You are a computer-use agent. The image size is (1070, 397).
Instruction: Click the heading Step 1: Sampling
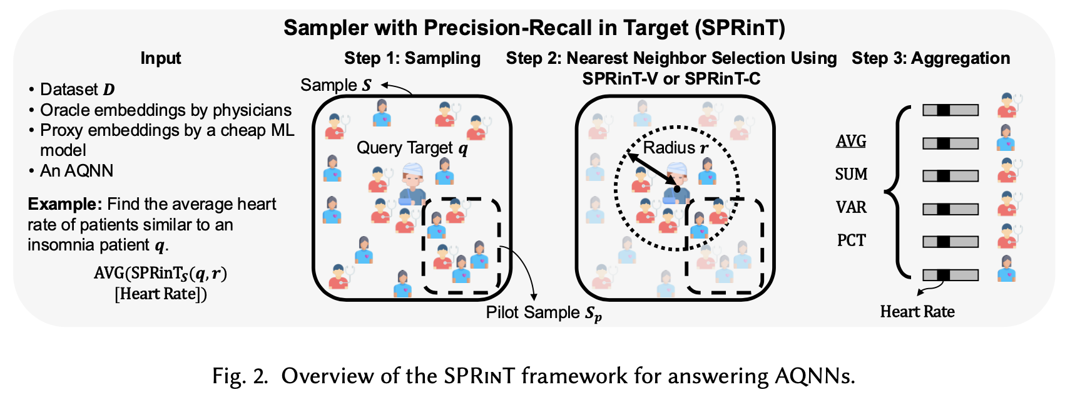click(x=412, y=58)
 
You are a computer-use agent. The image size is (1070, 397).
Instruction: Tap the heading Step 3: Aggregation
click(x=930, y=58)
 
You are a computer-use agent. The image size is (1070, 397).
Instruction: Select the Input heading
click(x=161, y=58)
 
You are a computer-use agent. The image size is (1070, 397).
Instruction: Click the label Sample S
click(x=336, y=85)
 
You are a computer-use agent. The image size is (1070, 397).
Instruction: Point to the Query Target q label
click(x=412, y=148)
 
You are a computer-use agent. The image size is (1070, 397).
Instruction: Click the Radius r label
click(x=676, y=148)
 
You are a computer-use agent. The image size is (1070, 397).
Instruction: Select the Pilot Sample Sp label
click(x=543, y=312)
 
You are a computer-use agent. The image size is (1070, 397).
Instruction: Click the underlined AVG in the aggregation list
click(x=851, y=141)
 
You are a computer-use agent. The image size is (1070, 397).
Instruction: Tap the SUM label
click(x=851, y=174)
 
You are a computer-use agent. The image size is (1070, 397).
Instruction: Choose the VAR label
click(x=851, y=207)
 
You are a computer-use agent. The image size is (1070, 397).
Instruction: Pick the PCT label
click(x=851, y=240)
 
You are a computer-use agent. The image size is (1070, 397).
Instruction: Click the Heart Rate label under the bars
click(x=917, y=312)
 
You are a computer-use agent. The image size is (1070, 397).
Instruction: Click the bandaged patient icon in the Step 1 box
click(x=412, y=183)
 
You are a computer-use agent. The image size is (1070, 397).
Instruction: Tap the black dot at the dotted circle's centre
click(x=676, y=188)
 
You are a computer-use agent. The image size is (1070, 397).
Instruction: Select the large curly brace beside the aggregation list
click(x=897, y=192)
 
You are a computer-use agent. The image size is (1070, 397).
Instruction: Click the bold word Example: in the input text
click(x=64, y=204)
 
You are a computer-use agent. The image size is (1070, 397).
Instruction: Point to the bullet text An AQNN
click(x=76, y=171)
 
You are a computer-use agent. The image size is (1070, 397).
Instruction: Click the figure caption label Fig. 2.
click(x=240, y=376)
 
